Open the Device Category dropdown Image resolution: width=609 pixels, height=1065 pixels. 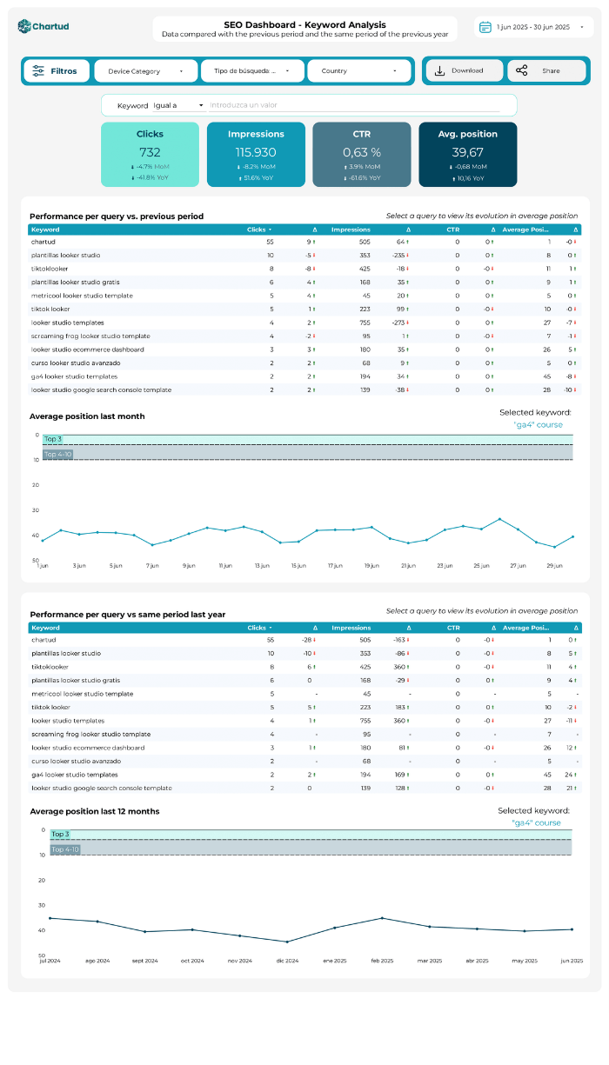[145, 71]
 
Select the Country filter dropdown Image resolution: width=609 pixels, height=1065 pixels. [358, 71]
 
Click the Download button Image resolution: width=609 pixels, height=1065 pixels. [463, 71]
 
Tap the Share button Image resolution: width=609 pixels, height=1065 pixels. [546, 71]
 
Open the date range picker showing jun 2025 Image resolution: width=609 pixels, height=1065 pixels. [533, 27]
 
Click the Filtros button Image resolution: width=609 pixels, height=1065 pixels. [56, 71]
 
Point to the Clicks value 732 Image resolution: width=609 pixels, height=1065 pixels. [150, 152]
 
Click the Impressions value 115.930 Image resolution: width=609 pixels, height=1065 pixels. [256, 152]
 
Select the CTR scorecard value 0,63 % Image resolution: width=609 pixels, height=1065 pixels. [361, 152]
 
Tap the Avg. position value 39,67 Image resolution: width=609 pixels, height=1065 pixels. [467, 152]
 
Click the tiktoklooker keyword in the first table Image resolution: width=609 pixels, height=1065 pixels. [50, 269]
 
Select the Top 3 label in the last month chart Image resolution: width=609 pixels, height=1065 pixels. [53, 440]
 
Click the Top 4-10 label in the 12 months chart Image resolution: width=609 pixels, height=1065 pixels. [65, 849]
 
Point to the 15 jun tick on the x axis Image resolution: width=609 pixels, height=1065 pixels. [298, 565]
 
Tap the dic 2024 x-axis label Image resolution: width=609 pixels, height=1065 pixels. [287, 961]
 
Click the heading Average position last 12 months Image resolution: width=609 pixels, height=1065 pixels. [95, 811]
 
